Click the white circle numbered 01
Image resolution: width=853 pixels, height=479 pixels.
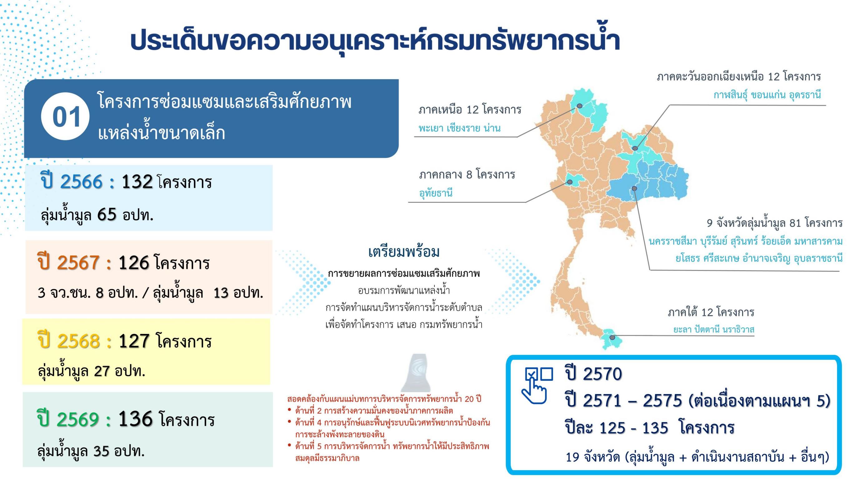(x=65, y=116)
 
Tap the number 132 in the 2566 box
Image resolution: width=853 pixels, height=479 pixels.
(x=137, y=182)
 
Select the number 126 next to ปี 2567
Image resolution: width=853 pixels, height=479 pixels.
(x=134, y=263)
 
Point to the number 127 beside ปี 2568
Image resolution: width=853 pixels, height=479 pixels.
(x=134, y=341)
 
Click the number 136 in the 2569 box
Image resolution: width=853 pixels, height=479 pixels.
(x=136, y=419)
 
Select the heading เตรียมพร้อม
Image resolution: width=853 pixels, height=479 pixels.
(x=404, y=252)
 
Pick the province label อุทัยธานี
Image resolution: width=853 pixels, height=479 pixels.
(x=436, y=192)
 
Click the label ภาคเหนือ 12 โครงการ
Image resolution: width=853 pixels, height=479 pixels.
(x=470, y=109)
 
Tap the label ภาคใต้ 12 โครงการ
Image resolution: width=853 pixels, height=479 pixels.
(x=711, y=312)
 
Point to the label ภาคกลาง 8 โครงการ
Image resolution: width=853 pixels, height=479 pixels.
(x=467, y=174)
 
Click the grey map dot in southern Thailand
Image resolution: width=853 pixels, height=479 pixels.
(x=612, y=338)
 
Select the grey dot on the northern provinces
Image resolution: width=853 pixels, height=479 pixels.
(x=579, y=106)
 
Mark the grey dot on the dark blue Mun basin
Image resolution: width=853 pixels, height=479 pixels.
(x=634, y=188)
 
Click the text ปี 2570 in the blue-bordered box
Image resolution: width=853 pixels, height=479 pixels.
(x=593, y=374)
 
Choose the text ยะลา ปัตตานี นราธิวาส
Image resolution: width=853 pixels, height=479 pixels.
(x=714, y=330)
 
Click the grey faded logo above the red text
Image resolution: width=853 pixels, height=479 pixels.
(x=416, y=373)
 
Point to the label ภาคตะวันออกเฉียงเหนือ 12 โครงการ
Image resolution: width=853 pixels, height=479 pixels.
(x=739, y=77)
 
